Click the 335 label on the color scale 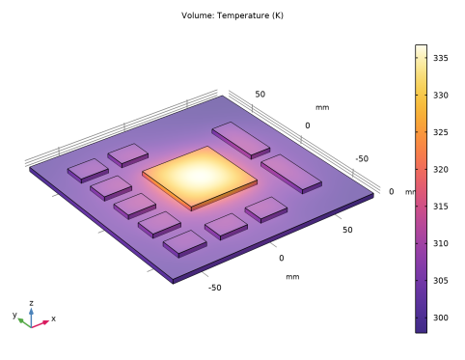point(440,58)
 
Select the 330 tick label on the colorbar point(440,96)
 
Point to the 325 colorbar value point(440,132)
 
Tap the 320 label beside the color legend point(440,170)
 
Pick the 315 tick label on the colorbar point(440,207)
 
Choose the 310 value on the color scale point(440,243)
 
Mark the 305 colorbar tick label point(440,281)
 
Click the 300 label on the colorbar point(440,318)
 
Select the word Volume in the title point(198,15)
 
